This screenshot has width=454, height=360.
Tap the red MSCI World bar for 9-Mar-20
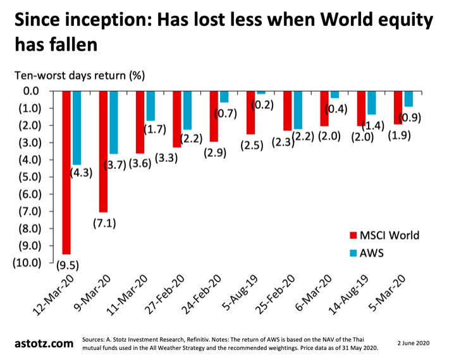103,152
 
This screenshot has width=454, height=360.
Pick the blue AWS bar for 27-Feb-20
188,111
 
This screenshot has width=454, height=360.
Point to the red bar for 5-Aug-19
250,113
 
